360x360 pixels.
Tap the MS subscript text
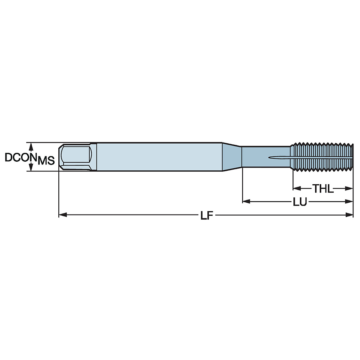coord(46,161)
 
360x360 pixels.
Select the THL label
coord(323,188)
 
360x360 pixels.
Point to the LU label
coord(300,202)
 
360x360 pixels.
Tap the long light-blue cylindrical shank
coord(158,157)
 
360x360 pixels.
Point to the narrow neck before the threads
coord(256,157)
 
